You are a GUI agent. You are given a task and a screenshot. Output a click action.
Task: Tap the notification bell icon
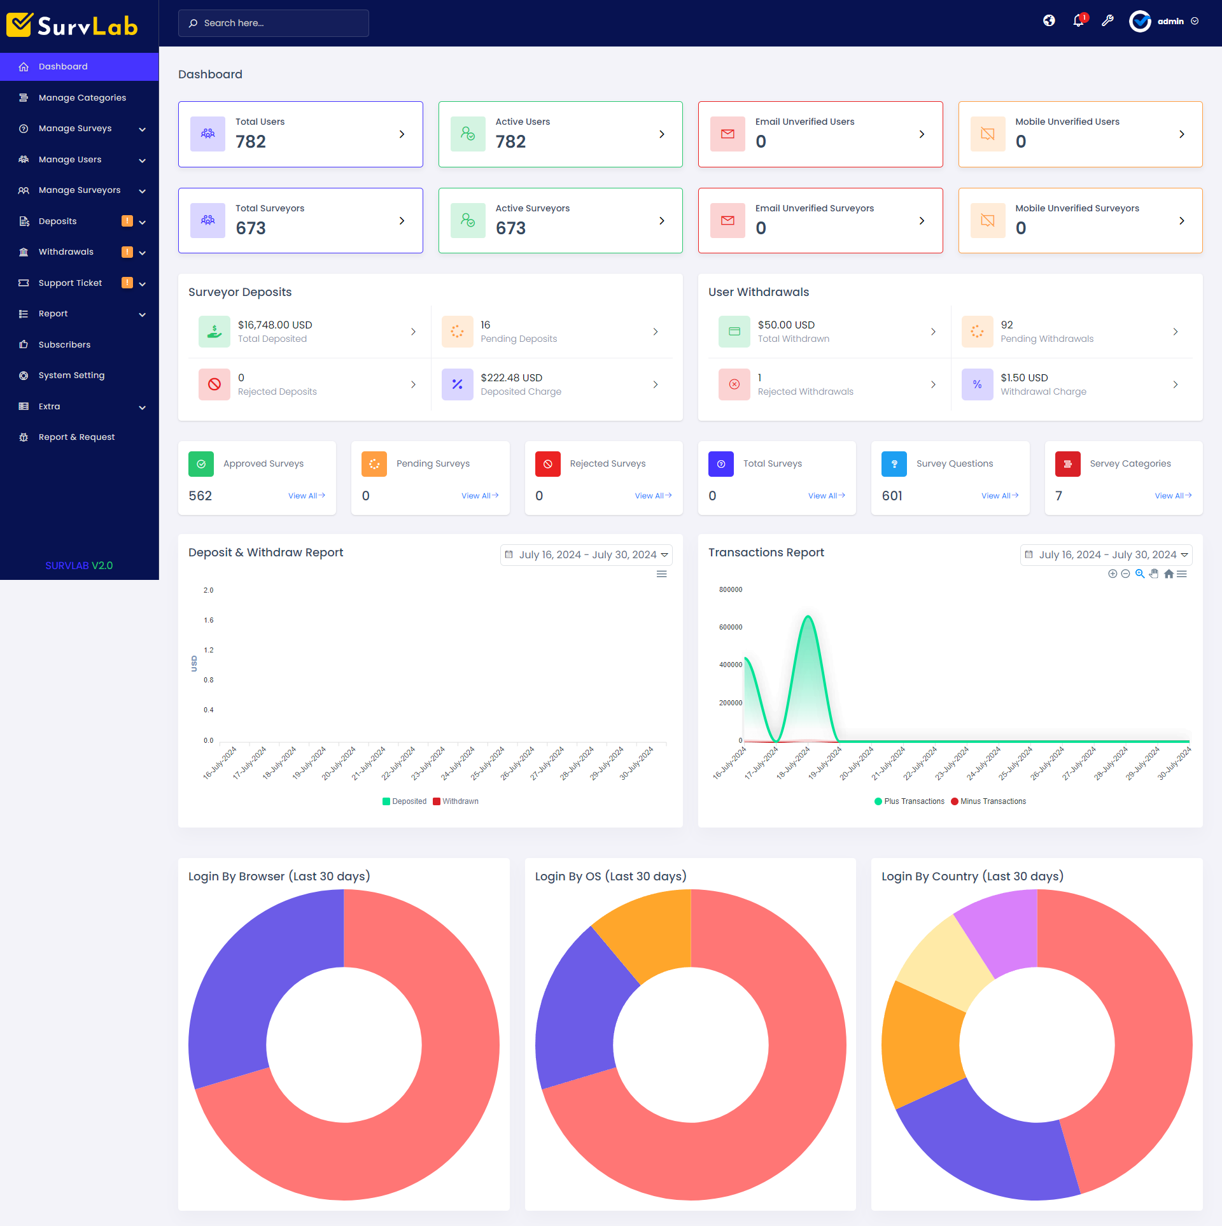pos(1078,21)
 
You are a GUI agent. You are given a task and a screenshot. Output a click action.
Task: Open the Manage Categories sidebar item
pos(82,97)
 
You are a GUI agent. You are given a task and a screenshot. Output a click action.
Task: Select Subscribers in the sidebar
pos(64,344)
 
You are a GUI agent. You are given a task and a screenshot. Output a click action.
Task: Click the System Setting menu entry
pos(71,376)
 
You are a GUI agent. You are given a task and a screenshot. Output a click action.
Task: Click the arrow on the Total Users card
pos(402,134)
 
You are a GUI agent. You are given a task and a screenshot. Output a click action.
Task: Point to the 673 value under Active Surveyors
pos(510,228)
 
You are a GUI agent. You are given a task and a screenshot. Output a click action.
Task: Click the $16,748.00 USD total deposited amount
pos(275,325)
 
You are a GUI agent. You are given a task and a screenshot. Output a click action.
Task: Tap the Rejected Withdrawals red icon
pos(734,384)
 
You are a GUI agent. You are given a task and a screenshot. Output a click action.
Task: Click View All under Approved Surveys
pos(306,496)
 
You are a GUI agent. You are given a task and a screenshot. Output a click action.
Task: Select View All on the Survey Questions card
pos(999,496)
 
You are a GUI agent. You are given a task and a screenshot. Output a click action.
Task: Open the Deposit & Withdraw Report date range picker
pos(586,555)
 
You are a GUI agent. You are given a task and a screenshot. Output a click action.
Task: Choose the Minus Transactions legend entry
pos(992,801)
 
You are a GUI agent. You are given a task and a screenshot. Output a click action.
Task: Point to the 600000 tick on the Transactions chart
pos(731,627)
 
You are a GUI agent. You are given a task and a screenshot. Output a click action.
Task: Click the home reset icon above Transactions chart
pos(1169,574)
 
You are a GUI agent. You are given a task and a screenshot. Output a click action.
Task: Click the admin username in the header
pos(1170,22)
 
